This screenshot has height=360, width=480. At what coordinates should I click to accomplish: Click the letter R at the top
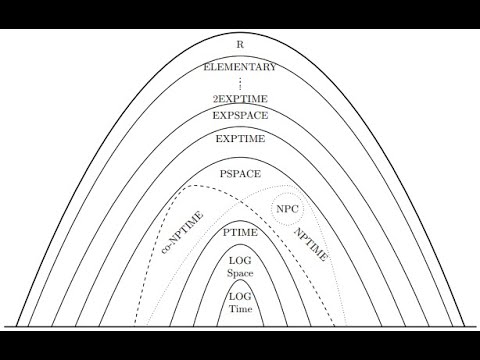[x=240, y=45]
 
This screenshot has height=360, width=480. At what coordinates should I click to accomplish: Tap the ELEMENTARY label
[x=239, y=67]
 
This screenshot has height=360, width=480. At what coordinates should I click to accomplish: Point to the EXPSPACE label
[x=240, y=116]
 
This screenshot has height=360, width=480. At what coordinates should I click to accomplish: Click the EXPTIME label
[x=240, y=139]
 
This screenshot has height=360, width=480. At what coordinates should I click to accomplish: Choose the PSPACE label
[x=240, y=174]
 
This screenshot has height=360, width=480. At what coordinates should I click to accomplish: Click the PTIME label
[x=240, y=232]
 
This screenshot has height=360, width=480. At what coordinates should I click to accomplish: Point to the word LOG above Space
[x=240, y=261]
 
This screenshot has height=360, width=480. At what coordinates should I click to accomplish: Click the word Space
[x=240, y=273]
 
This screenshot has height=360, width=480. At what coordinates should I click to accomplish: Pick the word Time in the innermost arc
[x=240, y=309]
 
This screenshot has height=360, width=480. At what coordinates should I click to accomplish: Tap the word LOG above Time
[x=240, y=297]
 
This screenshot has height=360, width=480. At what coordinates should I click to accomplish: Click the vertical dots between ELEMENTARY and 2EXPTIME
[x=240, y=84]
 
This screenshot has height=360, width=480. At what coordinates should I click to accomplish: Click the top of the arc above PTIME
[x=240, y=220]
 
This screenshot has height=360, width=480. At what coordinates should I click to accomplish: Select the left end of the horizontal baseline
[x=3, y=327]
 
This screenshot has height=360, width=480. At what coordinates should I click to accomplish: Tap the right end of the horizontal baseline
[x=477, y=327]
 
